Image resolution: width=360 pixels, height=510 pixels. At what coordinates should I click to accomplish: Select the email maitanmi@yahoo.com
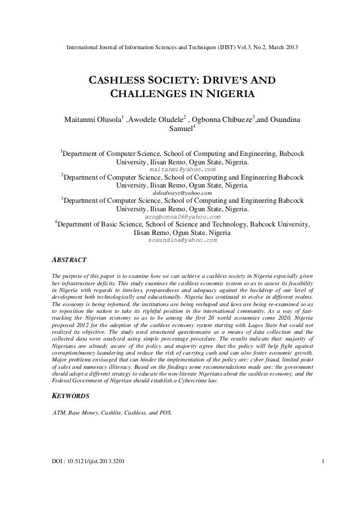click(x=182, y=169)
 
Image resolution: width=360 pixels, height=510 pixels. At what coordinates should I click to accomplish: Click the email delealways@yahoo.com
click(x=182, y=193)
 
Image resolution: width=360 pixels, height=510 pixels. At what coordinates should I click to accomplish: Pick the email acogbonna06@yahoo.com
click(x=182, y=216)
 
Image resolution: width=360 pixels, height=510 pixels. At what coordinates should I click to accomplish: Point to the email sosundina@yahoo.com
click(x=182, y=240)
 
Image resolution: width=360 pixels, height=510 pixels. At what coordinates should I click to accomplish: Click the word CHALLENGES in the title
click(x=145, y=93)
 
